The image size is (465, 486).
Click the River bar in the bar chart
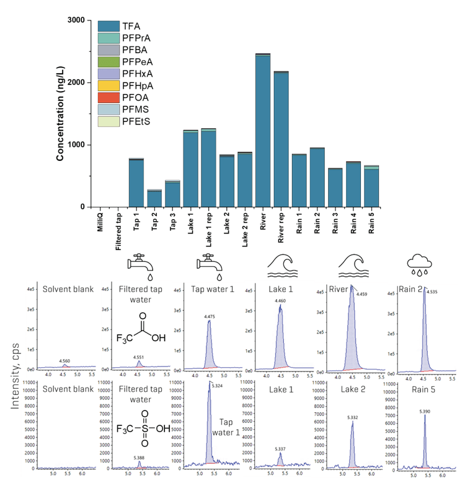point(263,131)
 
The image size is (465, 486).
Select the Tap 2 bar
point(154,198)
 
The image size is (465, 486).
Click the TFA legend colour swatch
point(108,27)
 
